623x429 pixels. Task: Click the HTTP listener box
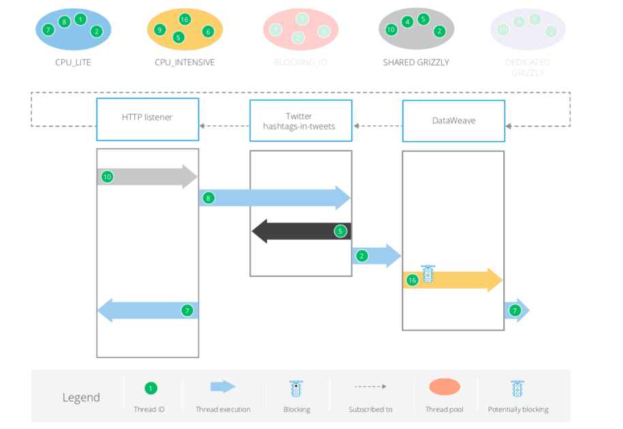point(147,117)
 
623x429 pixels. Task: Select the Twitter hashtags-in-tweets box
point(300,121)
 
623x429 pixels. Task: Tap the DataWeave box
point(453,121)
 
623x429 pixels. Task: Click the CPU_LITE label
point(73,63)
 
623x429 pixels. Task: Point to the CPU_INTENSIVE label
point(185,63)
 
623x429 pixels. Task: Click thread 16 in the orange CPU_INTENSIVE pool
point(185,19)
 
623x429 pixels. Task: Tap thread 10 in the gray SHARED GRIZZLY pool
point(391,30)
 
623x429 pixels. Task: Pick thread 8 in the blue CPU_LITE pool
point(64,22)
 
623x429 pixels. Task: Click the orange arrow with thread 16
point(452,280)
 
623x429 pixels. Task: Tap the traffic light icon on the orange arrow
point(428,274)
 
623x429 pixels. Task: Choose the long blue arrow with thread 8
point(275,198)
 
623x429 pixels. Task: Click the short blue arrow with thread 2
point(377,256)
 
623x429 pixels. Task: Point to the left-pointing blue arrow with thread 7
point(148,311)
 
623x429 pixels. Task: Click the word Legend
point(81,398)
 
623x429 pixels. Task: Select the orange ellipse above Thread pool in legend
point(445,387)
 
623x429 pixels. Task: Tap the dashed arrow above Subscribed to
point(370,387)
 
